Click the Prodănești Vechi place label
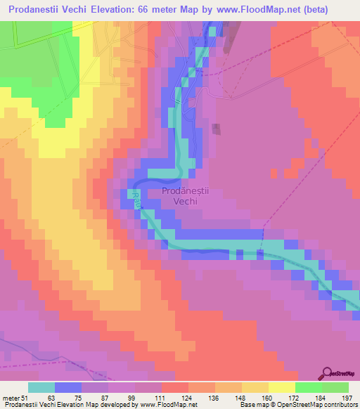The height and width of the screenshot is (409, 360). click(180, 195)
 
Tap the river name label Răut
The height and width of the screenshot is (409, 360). click(138, 200)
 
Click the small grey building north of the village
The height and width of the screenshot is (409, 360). click(216, 129)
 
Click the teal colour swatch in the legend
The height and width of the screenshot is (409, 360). click(41, 387)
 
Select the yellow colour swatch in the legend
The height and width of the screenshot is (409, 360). click(281, 387)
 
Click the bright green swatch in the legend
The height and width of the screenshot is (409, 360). click(308, 387)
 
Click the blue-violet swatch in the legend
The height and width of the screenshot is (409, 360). click(67, 387)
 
